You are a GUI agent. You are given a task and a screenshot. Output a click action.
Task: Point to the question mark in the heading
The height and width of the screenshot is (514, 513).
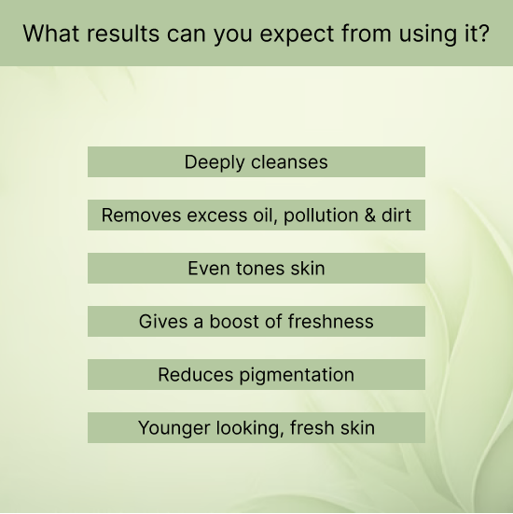point(482,34)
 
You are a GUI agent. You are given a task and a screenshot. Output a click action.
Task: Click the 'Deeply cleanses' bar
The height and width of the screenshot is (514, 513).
point(256,161)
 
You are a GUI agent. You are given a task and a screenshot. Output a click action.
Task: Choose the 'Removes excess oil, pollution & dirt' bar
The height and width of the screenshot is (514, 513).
point(256,215)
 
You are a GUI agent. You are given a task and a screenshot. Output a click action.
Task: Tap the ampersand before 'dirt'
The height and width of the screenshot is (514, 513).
point(371,215)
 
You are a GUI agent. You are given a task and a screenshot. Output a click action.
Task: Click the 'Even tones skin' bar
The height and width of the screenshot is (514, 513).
point(256,268)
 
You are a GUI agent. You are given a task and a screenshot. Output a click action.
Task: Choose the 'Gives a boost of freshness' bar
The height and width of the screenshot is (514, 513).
point(256,321)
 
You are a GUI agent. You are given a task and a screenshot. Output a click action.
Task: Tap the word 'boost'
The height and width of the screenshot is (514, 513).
point(234,321)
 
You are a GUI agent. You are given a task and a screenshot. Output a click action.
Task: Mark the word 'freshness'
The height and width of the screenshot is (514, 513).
point(330,321)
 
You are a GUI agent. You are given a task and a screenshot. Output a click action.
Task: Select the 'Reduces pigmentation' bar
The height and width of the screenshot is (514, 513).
point(256,374)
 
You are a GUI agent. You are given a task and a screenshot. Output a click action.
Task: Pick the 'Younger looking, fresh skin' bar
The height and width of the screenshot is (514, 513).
point(256,428)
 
